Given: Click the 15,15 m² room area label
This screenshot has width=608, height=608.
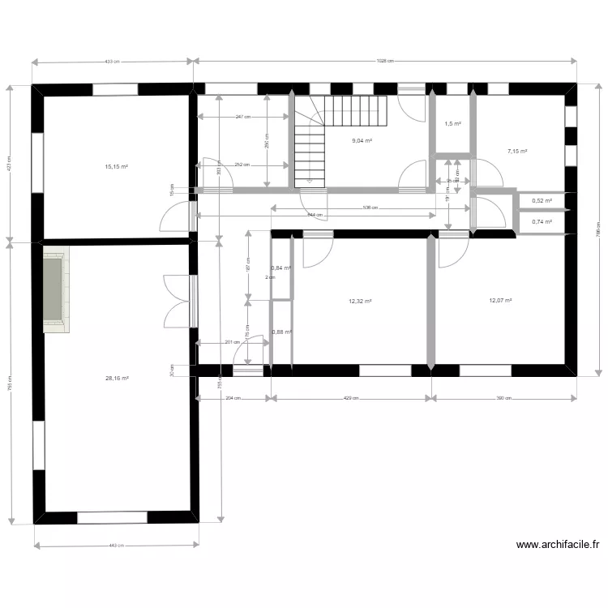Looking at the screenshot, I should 117,167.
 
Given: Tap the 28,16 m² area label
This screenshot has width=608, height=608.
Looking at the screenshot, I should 117,378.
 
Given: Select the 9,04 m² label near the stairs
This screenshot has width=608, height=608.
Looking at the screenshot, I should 361,140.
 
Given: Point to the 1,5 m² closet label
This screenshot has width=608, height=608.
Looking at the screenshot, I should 452,123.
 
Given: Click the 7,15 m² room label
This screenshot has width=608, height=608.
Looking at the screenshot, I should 517,151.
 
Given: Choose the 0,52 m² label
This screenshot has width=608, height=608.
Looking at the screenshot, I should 542,201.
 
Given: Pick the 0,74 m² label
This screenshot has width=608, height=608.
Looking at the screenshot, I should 542,221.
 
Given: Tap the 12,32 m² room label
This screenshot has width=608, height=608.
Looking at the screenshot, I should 360,301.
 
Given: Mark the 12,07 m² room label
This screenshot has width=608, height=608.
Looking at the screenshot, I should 500,300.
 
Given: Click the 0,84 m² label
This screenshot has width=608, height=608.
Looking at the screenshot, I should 281,268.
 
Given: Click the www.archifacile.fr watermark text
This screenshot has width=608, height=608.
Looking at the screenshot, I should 557,546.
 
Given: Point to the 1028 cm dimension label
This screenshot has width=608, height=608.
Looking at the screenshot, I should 385,61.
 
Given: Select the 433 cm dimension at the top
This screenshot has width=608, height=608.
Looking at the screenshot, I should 112,61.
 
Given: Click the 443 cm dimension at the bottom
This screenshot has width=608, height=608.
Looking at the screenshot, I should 117,546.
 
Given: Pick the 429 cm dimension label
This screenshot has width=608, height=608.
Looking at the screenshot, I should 349,398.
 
